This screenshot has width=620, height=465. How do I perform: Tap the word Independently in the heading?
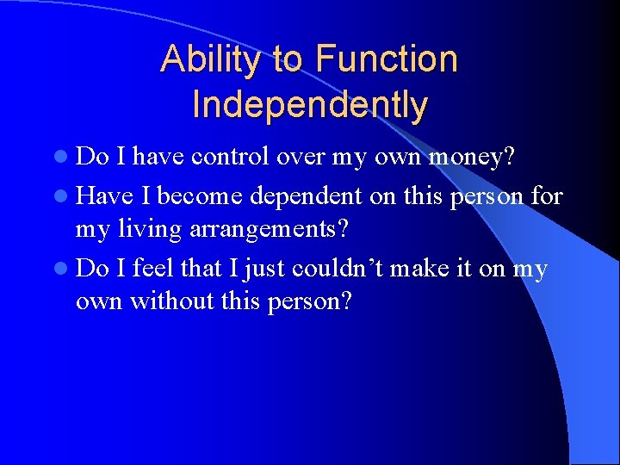click(x=310, y=105)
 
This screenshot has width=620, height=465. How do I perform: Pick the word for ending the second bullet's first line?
click(x=547, y=197)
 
